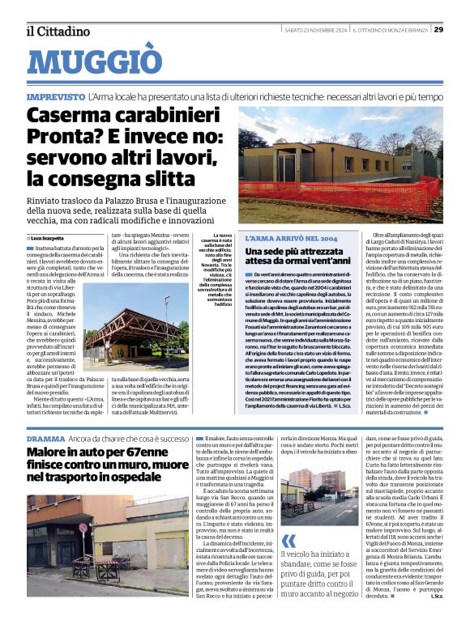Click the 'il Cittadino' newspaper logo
(x=57, y=32)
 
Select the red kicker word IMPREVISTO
(x=55, y=97)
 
